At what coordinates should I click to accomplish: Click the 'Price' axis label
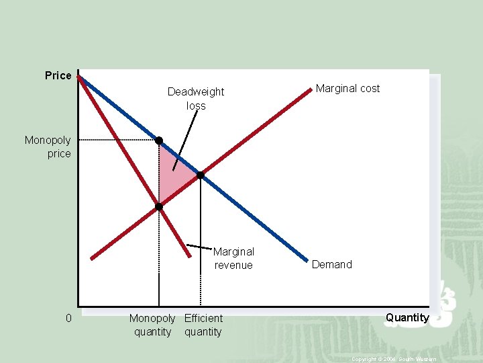58,75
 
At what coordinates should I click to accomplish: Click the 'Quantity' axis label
407,317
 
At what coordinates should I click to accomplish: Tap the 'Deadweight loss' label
196,98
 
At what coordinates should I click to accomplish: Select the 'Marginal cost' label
347,88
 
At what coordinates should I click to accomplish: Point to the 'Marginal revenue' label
233,258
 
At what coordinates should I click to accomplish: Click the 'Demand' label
331,264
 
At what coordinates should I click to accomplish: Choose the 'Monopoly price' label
48,147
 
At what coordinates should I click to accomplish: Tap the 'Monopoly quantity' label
152,325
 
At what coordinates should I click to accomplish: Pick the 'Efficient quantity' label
203,325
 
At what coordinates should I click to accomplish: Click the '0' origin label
68,318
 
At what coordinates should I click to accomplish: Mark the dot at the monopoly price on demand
159,140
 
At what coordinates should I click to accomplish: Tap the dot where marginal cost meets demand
200,175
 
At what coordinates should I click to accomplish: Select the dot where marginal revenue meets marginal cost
159,207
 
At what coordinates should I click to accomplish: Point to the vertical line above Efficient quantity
200,242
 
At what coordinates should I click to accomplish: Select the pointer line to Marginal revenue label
199,247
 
